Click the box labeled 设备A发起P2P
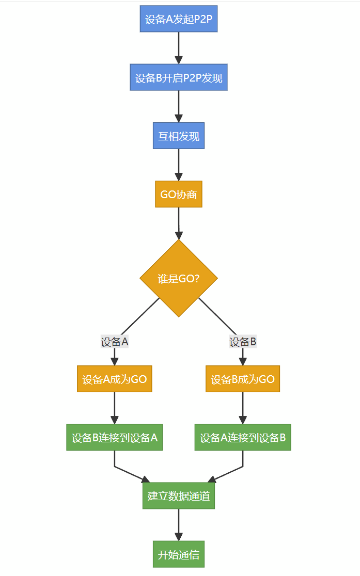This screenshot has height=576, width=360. click(179, 19)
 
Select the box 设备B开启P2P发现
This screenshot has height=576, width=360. click(179, 77)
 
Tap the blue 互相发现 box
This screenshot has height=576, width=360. click(179, 136)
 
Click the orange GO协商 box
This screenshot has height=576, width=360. click(179, 194)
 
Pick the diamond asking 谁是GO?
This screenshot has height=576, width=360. click(179, 278)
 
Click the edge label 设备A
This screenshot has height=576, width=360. click(114, 342)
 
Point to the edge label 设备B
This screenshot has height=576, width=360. click(243, 342)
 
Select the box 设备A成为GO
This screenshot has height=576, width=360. click(114, 379)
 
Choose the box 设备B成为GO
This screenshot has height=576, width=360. click(243, 379)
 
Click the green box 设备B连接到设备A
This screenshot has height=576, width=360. click(114, 437)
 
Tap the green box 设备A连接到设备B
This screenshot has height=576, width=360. click(243, 437)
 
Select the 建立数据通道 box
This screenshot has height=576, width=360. click(179, 495)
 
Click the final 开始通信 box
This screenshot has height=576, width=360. click(179, 554)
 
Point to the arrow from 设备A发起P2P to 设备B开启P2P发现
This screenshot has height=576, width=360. click(179, 48)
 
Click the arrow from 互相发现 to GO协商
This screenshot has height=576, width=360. click(179, 165)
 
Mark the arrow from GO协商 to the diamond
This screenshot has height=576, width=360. click(179, 223)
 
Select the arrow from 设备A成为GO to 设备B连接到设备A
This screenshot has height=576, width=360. click(114, 408)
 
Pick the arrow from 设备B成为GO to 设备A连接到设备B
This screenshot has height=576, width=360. click(243, 408)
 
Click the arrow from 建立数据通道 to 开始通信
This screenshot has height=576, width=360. click(179, 524)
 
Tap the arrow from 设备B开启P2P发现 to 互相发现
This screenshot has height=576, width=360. click(179, 106)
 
